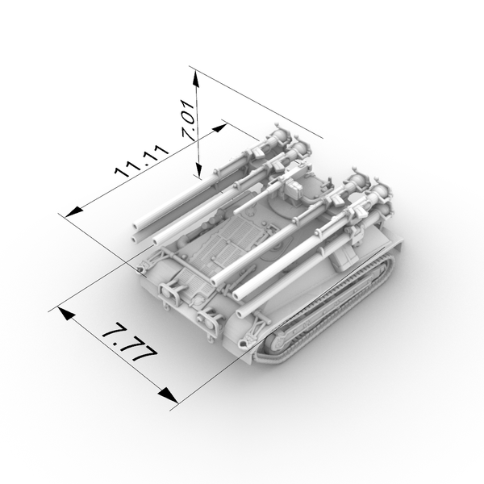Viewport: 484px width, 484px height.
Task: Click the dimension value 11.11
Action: point(142,161)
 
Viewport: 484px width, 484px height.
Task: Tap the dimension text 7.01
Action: point(189,120)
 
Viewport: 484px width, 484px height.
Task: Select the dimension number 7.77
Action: point(130,343)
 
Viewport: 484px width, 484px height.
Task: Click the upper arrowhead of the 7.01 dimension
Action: point(195,80)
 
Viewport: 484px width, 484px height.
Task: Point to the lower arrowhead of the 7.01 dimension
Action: point(198,169)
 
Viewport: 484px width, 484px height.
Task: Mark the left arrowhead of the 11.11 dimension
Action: point(74,212)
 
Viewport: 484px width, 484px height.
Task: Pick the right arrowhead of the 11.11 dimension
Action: point(219,127)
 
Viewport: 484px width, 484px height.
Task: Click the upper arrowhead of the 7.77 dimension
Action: point(65,313)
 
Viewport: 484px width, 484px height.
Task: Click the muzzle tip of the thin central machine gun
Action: point(236,212)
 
